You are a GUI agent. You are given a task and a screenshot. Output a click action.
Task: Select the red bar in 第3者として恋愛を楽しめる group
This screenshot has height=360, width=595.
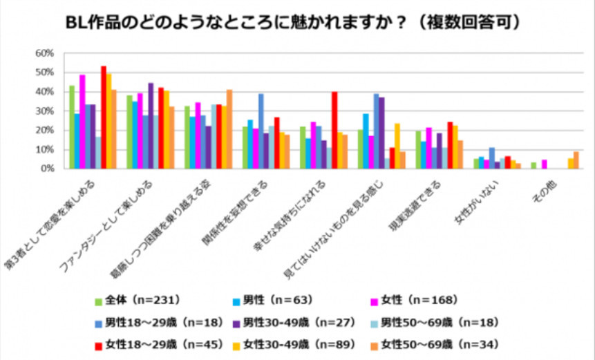pyautogui.click(x=104, y=117)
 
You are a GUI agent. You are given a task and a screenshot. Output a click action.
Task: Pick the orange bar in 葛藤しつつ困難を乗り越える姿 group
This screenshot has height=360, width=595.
pyautogui.click(x=229, y=129)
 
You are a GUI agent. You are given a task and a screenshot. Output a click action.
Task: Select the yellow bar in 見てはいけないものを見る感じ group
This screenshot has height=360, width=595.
pyautogui.click(x=397, y=146)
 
